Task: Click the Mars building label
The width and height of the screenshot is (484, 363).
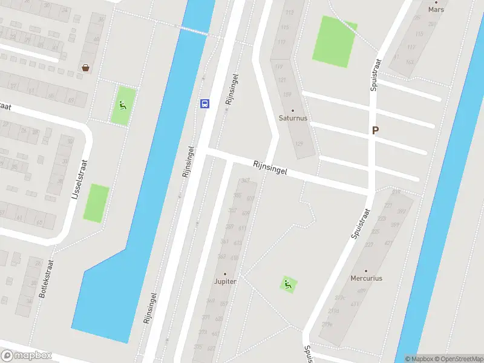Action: point(436,10)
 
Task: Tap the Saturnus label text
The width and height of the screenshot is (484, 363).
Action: point(293,119)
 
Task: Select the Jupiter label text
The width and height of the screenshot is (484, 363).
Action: point(225,282)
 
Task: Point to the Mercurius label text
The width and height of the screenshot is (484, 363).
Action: point(366,279)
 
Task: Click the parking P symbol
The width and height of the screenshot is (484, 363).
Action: point(375,130)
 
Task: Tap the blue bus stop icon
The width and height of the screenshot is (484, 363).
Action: point(205,103)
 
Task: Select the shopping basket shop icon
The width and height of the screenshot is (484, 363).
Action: point(86,68)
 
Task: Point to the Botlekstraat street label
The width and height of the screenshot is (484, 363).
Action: point(47,278)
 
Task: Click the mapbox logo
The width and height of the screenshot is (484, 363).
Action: point(27,356)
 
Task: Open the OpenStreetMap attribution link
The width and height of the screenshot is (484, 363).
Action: point(458,359)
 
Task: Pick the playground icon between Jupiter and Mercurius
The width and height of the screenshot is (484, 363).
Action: point(288,283)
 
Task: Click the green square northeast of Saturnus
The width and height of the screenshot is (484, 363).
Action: point(334,41)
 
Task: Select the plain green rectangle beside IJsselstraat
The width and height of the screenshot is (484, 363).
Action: point(96,203)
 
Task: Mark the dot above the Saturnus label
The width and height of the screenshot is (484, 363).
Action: point(293,111)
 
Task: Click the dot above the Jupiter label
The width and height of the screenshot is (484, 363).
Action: point(225,274)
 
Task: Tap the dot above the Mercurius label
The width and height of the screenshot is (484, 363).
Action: point(366,271)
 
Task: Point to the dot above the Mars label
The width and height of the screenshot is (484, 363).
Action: point(436,2)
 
